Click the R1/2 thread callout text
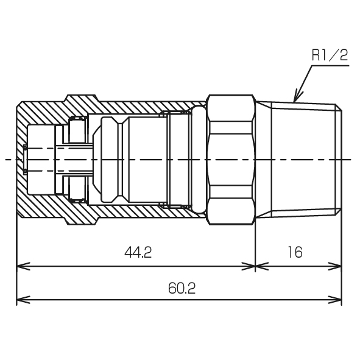tap(330, 55)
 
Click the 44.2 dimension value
tap(138, 252)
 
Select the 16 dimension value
tap(295, 252)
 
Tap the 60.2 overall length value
tap(182, 288)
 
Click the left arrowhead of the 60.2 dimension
tap(23, 299)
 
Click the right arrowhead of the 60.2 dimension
tap(335, 299)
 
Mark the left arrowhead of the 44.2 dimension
tap(23, 266)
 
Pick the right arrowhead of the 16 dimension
tap(335, 266)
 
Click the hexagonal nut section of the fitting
tap(231, 160)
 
